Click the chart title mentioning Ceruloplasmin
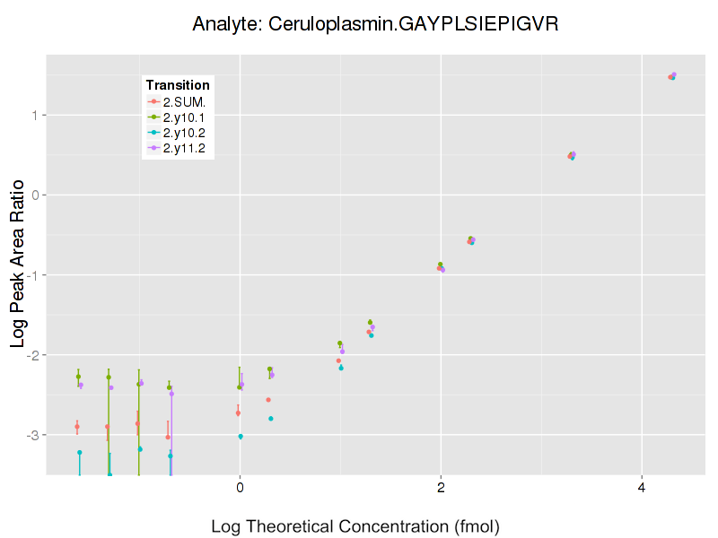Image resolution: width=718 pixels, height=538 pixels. [x=376, y=24]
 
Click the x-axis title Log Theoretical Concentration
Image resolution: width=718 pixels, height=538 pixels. [x=355, y=526]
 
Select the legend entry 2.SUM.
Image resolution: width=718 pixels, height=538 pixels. [x=184, y=102]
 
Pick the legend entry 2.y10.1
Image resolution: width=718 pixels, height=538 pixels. [x=184, y=117]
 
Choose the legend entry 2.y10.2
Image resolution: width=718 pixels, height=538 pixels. [x=184, y=133]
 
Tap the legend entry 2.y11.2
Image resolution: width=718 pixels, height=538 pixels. [x=184, y=148]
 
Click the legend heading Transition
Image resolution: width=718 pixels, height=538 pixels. [x=178, y=85]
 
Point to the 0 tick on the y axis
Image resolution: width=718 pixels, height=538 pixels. [x=36, y=195]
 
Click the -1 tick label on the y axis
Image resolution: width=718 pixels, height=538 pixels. [x=33, y=274]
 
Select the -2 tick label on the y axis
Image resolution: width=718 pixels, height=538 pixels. [x=33, y=355]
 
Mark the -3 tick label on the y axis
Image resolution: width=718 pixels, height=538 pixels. [x=33, y=435]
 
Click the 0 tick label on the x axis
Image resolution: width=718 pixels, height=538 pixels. [x=240, y=488]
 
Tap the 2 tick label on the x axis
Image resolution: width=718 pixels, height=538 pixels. [x=441, y=488]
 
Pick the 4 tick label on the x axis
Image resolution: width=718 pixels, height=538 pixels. [x=642, y=488]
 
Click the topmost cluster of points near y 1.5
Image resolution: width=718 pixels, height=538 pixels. [x=672, y=76]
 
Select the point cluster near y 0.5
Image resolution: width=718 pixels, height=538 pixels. [x=572, y=155]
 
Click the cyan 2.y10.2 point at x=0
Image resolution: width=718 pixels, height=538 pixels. [x=241, y=437]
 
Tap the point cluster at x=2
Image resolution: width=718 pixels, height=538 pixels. [x=441, y=267]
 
